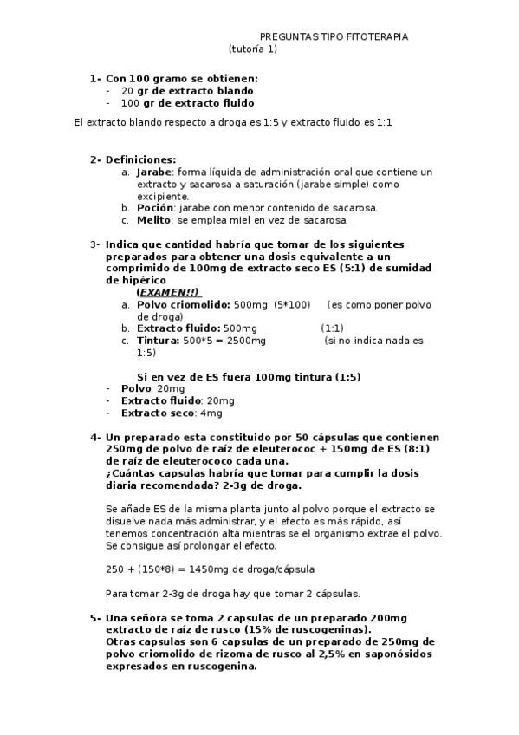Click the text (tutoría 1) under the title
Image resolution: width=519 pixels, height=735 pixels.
point(253,49)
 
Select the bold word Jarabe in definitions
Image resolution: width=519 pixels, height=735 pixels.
point(153,172)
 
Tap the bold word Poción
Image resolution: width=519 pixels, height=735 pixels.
point(153,209)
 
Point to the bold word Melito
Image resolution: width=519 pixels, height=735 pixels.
point(153,221)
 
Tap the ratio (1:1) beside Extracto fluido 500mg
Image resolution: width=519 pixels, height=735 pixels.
point(332,329)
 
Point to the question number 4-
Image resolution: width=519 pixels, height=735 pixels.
point(95,437)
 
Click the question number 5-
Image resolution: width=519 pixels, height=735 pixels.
point(95,617)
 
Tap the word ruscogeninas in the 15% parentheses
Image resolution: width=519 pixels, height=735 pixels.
point(333,629)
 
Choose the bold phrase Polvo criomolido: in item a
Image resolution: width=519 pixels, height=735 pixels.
point(184,305)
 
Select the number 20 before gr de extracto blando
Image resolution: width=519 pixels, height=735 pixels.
point(127,90)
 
